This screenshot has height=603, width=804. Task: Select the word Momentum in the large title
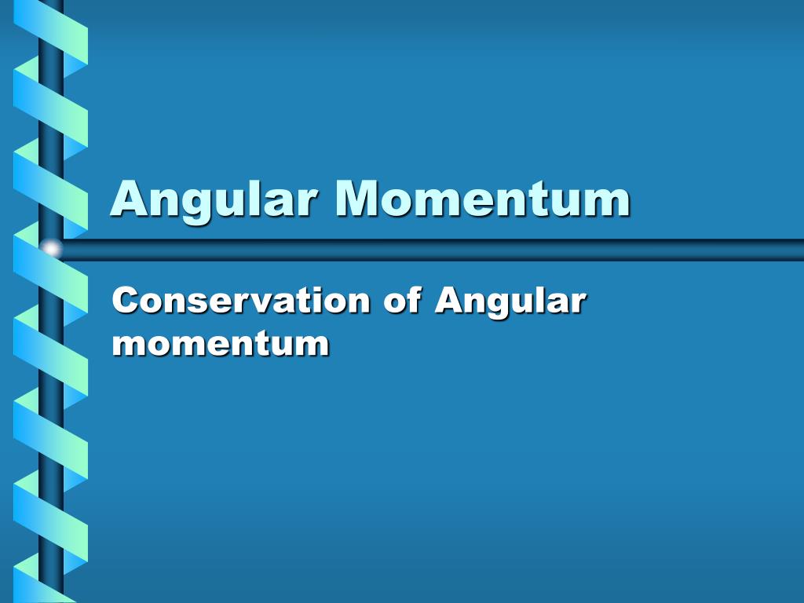point(483,199)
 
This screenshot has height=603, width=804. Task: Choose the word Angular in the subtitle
point(510,302)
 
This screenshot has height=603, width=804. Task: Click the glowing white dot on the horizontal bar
point(52,250)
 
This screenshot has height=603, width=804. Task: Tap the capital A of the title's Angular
point(128,199)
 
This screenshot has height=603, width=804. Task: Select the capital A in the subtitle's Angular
point(448,301)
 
